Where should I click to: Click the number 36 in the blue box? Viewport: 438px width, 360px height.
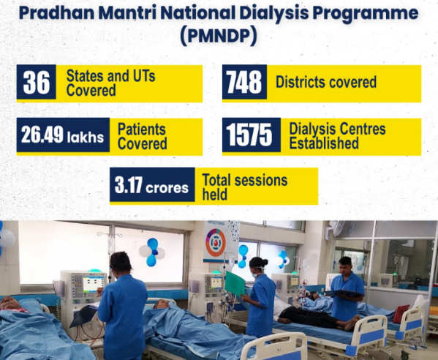coord(37,82)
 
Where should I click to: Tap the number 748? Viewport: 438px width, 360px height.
coord(243,82)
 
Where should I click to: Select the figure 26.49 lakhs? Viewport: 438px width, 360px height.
coord(62,135)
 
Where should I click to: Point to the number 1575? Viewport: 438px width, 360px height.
coord(249,135)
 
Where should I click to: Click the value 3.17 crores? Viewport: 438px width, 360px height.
coord(151,185)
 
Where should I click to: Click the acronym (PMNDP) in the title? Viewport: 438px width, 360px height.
coord(219,36)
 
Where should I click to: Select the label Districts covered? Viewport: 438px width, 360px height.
coord(326,82)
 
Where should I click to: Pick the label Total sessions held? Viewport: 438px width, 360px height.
coord(245,187)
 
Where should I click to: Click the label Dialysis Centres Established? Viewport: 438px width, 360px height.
coord(337,136)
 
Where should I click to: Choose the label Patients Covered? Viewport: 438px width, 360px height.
coord(142,136)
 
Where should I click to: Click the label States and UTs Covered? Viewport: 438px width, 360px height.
coord(110,83)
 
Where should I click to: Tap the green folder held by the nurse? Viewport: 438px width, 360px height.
coord(235,283)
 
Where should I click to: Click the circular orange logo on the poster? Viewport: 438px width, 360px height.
coord(216,243)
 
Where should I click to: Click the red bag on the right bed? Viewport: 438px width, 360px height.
coord(401,314)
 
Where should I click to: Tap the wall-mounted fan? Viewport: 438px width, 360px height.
coord(336,229)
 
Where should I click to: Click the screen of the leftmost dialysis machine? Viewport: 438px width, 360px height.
coord(92,284)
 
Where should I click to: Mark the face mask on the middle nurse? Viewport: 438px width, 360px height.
coord(255,274)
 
